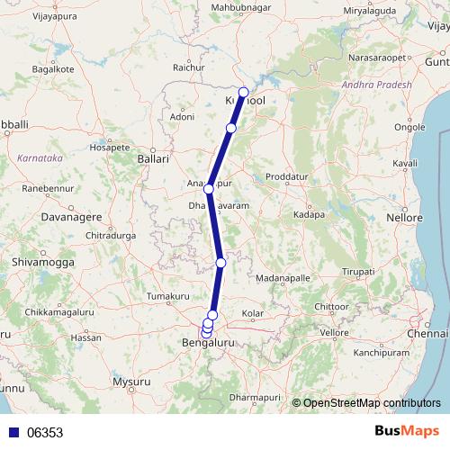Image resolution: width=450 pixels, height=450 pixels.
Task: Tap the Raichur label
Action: (x=187, y=67)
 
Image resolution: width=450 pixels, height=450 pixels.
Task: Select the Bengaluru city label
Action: (x=208, y=344)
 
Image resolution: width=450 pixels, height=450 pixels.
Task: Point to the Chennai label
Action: (x=427, y=334)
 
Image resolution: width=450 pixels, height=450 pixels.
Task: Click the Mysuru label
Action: (x=131, y=382)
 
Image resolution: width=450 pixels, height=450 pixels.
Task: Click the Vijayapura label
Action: (x=31, y=15)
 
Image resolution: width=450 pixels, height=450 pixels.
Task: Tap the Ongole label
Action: (x=410, y=127)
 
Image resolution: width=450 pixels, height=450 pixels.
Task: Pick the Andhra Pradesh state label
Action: (x=376, y=85)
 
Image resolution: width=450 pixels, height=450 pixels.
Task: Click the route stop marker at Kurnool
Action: (x=243, y=92)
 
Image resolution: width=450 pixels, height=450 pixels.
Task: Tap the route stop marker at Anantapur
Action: (x=209, y=189)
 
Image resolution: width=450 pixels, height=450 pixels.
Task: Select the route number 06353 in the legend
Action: (x=45, y=433)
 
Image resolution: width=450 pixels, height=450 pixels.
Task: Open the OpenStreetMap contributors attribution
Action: (x=372, y=402)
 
